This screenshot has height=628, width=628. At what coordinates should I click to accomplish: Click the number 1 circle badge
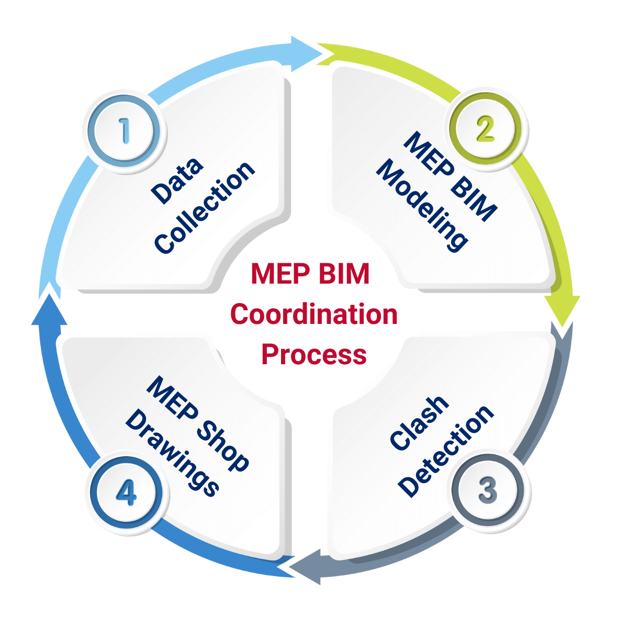point(125,130)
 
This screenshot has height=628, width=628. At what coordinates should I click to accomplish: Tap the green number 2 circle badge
point(486,129)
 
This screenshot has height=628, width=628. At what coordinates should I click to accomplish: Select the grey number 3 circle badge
point(487,490)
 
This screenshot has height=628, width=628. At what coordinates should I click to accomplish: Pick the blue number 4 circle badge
point(126,492)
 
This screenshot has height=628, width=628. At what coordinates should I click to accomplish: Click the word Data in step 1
point(177,180)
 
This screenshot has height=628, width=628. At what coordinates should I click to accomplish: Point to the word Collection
point(205,207)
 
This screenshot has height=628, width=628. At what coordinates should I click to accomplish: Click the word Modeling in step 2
point(422,205)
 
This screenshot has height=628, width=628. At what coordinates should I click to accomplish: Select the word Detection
point(445,451)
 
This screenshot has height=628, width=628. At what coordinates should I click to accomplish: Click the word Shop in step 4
point(223,445)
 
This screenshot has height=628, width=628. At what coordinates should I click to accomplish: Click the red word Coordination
point(314,315)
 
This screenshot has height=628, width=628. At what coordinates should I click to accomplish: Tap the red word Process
point(314,354)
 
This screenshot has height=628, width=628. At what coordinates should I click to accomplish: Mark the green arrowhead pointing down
point(562,311)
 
